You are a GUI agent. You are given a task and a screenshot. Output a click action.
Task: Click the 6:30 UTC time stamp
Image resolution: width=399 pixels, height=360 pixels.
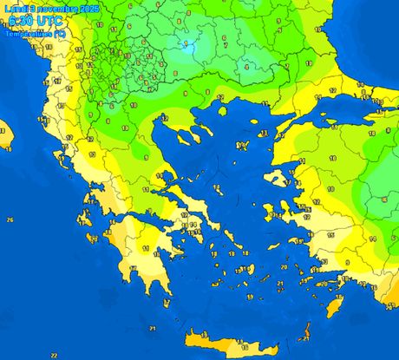pyautogui.click(x=28, y=21)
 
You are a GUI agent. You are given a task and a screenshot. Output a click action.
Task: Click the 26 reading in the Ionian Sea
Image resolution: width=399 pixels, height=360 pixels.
pyautogui.click(x=10, y=220)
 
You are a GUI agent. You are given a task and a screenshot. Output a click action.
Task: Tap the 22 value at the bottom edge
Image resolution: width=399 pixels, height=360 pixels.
pyautogui.click(x=54, y=354)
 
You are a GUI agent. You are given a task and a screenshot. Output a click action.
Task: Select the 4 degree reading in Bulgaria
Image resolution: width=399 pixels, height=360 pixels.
pyautogui.click(x=245, y=65)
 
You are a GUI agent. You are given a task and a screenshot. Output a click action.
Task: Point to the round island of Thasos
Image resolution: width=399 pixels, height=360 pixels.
pyautogui.click(x=223, y=110)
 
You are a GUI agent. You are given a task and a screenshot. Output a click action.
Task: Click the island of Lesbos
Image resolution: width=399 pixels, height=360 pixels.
pyautogui.click(x=281, y=178)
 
